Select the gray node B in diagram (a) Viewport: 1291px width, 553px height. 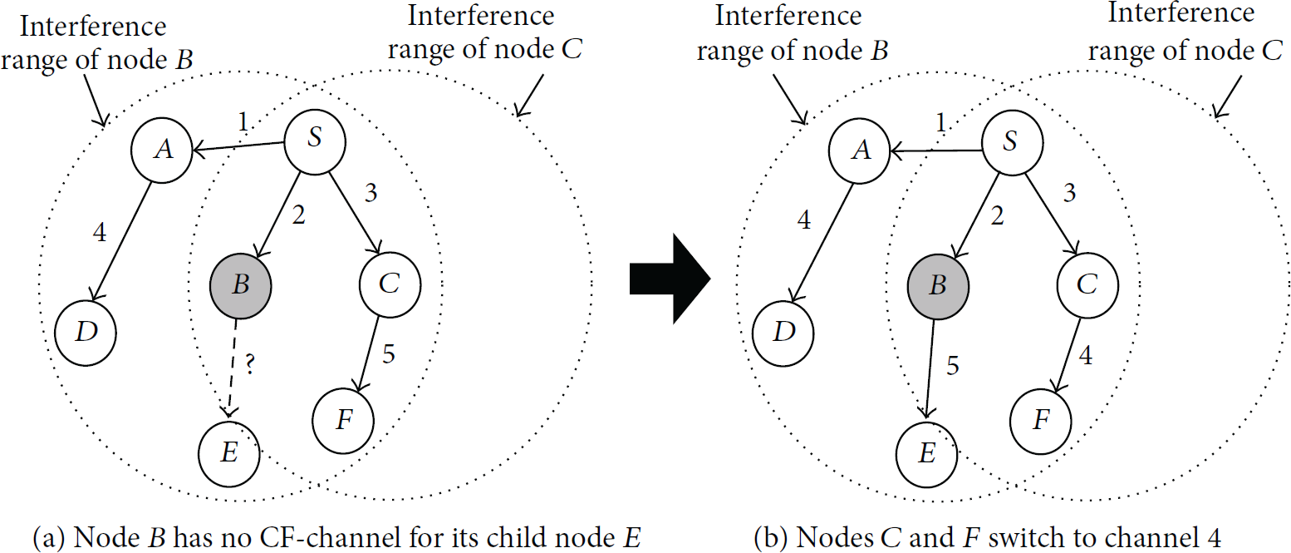(240, 287)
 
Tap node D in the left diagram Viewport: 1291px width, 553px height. (86, 333)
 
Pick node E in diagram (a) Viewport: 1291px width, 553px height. (228, 454)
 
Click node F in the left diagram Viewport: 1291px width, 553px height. (343, 422)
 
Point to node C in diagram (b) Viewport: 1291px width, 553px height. (1087, 286)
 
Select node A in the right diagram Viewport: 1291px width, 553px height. (859, 151)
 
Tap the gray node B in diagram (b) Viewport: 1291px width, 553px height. (938, 287)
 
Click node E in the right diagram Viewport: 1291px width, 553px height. (927, 455)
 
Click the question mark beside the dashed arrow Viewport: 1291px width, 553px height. (249, 364)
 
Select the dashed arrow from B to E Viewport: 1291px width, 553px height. (233, 368)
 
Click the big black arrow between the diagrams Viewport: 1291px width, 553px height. (670, 279)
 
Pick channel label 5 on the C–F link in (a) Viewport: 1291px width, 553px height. (389, 354)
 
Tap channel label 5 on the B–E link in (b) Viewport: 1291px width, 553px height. (953, 366)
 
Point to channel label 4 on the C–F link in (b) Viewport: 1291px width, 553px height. (1086, 355)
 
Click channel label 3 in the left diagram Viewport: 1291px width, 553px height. (371, 193)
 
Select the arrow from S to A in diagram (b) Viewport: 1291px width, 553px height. (936, 151)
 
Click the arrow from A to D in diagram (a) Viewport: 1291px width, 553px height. (122, 242)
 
